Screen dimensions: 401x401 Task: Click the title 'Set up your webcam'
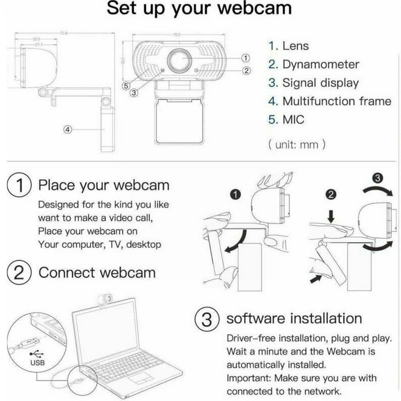click(x=200, y=11)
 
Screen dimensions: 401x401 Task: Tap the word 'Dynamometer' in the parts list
click(x=321, y=65)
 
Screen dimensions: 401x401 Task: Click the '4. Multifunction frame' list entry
click(x=329, y=101)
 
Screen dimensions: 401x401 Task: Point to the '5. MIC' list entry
click(x=286, y=120)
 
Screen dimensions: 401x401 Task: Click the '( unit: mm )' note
click(x=297, y=145)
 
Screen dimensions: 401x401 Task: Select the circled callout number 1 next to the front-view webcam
click(x=246, y=58)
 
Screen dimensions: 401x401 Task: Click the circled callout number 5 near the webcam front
click(x=127, y=85)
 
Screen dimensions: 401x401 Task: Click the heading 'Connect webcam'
click(x=97, y=273)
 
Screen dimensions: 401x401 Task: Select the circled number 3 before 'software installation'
click(x=206, y=318)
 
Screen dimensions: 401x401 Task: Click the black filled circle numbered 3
click(x=379, y=177)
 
